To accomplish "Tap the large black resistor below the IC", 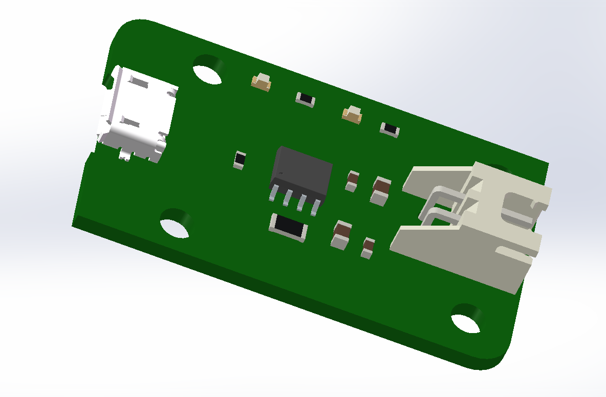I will (289, 227).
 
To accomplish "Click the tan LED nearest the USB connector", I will (262, 82).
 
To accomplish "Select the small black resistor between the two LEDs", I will (306, 99).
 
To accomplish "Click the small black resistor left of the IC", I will (239, 160).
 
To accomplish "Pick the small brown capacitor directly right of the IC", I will (352, 180).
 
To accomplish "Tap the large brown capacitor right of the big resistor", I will (341, 235).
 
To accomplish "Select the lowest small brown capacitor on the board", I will (368, 248).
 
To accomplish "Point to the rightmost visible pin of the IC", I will (315, 207).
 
